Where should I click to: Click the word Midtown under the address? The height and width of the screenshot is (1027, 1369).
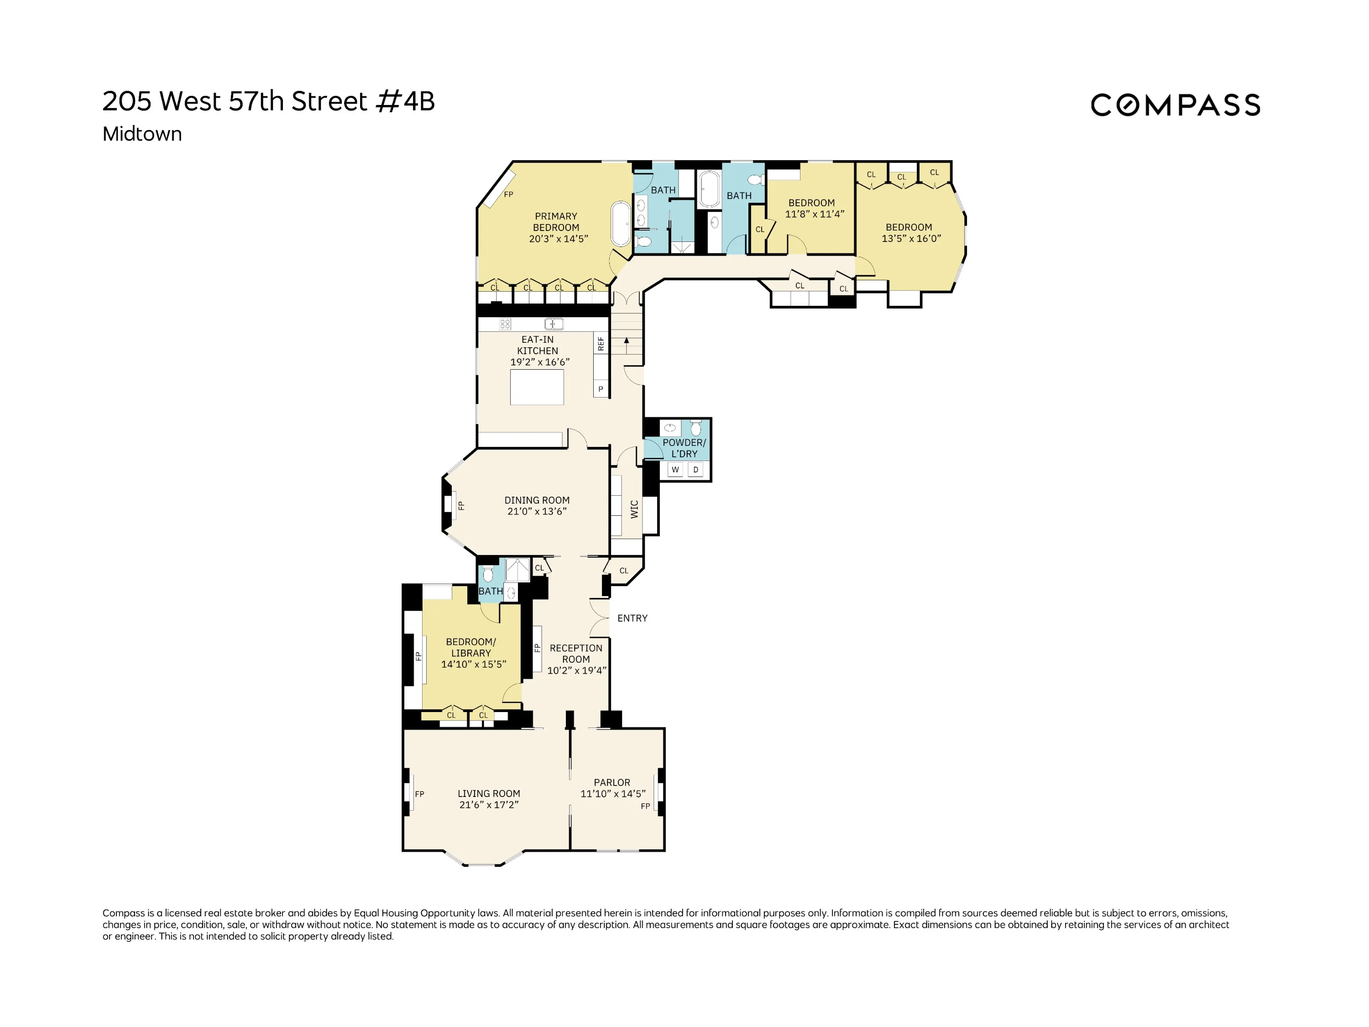[x=142, y=134]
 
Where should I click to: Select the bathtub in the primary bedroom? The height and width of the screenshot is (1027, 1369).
[x=621, y=224]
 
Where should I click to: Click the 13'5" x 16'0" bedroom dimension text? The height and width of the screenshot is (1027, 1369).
[x=911, y=238]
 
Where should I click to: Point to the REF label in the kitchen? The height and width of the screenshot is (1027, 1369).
[x=601, y=344]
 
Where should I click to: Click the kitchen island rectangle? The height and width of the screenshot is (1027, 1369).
[x=537, y=387]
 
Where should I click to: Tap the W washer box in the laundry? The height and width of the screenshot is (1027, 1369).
[x=675, y=470]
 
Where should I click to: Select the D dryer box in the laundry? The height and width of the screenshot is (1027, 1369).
[x=695, y=470]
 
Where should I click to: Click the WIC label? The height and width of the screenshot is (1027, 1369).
[x=634, y=509]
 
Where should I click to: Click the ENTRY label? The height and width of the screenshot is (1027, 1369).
[x=632, y=618]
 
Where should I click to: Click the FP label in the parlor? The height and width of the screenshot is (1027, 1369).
[x=645, y=806]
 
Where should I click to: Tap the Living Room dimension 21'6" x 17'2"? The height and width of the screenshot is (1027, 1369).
[x=488, y=805]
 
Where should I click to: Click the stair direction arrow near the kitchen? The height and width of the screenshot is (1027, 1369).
[x=627, y=341]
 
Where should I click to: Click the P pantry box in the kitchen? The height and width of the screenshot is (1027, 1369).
[x=601, y=389]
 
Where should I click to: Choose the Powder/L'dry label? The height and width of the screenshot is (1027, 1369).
[x=684, y=448]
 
